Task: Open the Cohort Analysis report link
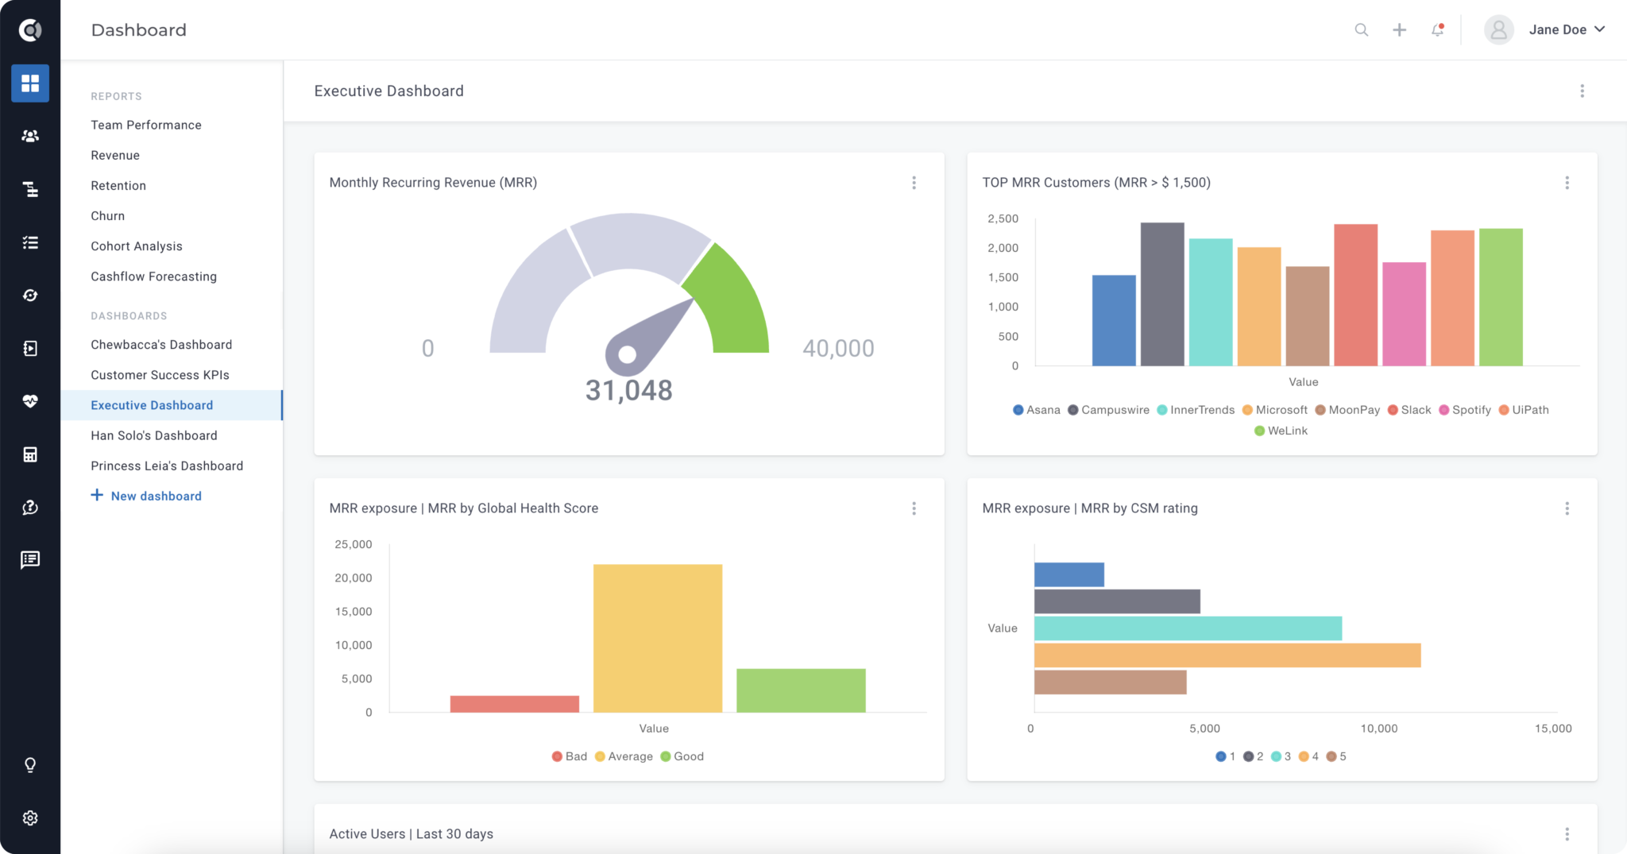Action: tap(137, 246)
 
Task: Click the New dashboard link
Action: tap(156, 496)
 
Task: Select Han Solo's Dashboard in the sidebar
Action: tap(154, 435)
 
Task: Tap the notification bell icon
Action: tap(1437, 30)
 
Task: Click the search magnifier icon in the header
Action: tap(1361, 30)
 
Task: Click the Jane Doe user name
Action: tap(1557, 30)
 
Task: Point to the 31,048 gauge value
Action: tap(628, 390)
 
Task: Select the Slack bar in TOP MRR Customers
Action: tap(1355, 296)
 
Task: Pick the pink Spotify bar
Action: tap(1404, 315)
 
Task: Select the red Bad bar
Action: tap(514, 704)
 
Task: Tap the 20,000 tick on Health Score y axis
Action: tap(354, 578)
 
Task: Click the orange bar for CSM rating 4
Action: tap(1227, 655)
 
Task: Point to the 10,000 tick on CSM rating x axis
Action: tap(1378, 728)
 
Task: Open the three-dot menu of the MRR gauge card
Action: tap(914, 183)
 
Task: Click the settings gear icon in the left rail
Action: tap(30, 817)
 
